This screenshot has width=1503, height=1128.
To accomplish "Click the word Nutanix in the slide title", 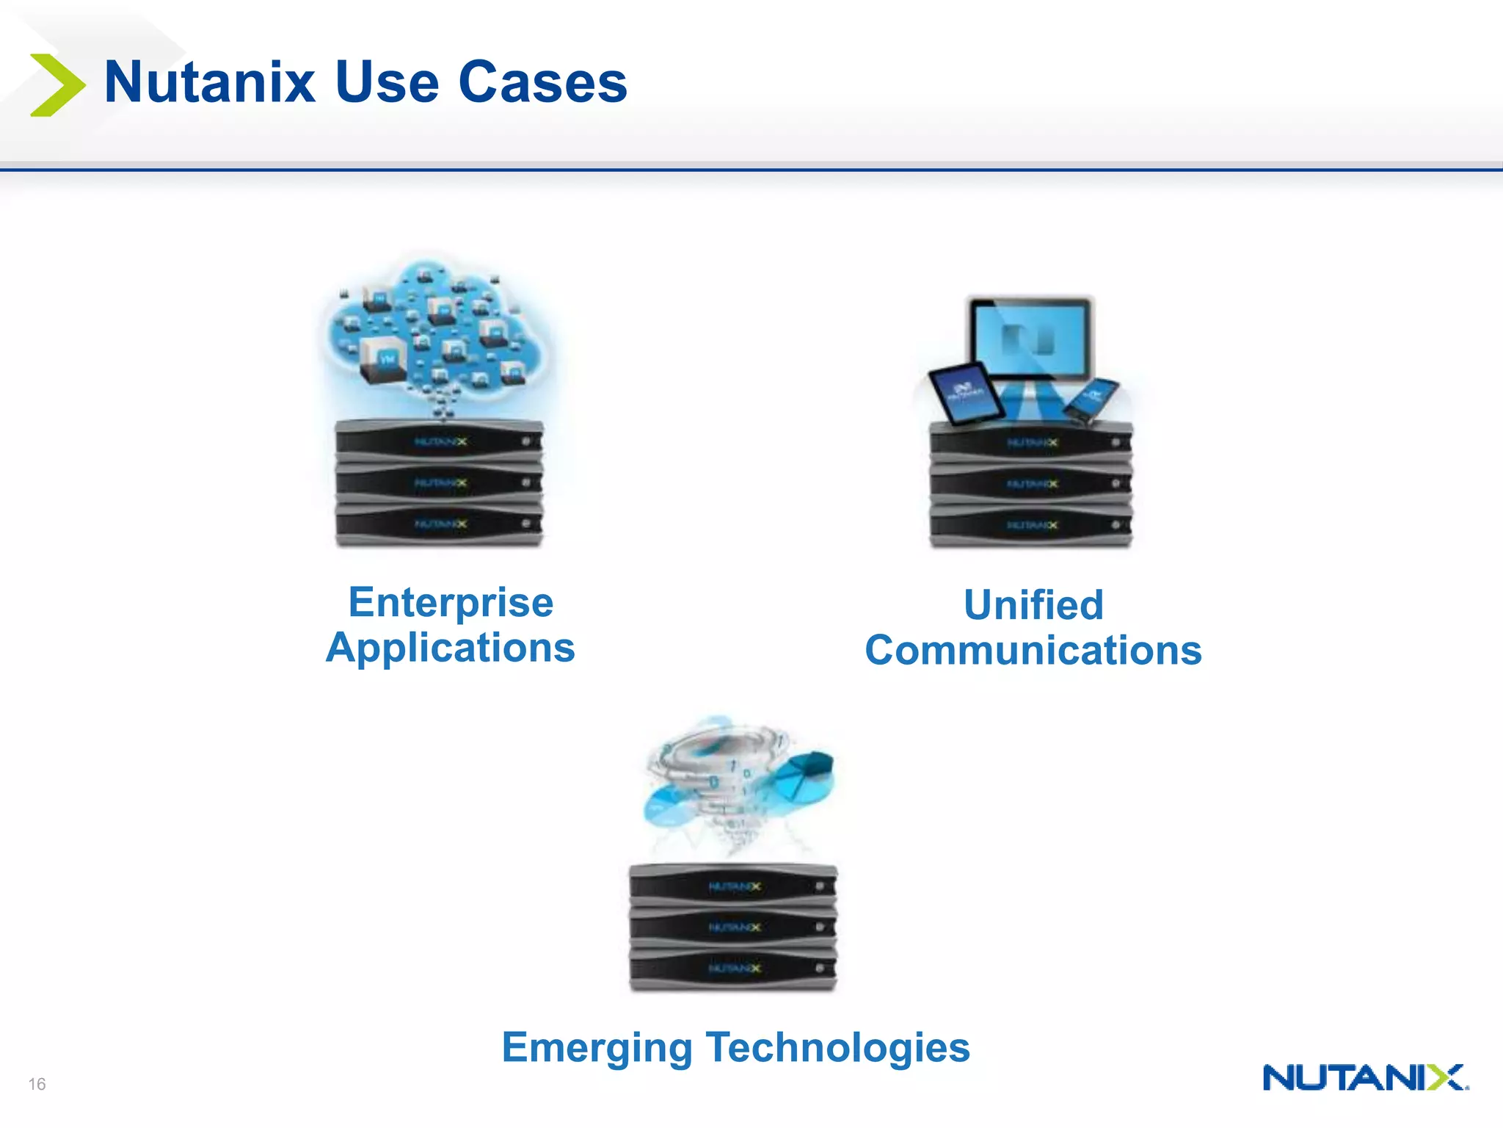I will point(210,82).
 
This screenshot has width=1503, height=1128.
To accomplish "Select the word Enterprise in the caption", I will point(451,603).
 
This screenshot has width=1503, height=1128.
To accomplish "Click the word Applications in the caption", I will point(451,648).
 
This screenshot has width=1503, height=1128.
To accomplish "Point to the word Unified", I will point(1033,606).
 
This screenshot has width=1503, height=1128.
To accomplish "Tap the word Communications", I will point(1033,651).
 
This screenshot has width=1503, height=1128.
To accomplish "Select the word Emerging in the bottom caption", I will point(597,1047).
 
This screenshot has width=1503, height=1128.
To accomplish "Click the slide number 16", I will point(37,1084).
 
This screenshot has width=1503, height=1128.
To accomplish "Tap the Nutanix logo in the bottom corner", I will point(1365,1077).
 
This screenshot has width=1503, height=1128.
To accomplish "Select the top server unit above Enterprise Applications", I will point(439,441).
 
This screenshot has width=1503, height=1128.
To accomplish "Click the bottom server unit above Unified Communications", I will point(1031,526).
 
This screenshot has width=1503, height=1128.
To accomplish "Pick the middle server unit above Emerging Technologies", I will point(733,928).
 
